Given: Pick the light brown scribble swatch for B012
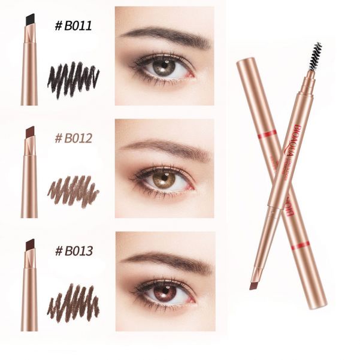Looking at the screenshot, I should coord(73,190).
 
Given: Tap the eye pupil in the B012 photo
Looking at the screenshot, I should coord(164,179).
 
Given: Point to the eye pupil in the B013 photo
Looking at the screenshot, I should coord(164,291).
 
